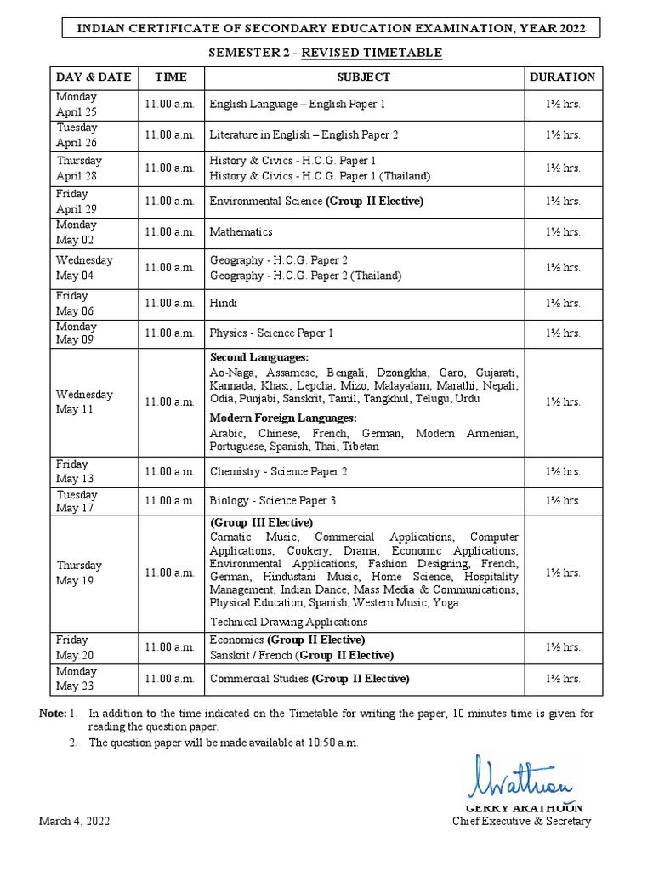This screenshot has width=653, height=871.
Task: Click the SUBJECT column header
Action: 363,77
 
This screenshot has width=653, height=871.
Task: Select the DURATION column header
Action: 562,77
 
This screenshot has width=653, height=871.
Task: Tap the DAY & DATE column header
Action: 94,77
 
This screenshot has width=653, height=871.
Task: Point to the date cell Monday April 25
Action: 77,104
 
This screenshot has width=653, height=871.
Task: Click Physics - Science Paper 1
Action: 271,333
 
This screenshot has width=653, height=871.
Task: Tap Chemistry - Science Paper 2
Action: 278,472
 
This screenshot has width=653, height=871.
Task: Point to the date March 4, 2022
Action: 74,821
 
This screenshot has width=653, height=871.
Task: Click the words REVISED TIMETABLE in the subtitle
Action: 390,53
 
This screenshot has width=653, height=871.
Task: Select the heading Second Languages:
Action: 259,357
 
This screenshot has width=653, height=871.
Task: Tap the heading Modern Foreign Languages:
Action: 283,418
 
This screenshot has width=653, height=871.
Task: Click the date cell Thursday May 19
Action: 79,573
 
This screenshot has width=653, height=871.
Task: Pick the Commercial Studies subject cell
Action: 309,679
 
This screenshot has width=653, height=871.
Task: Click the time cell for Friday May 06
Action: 170,304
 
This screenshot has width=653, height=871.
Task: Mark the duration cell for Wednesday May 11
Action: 562,402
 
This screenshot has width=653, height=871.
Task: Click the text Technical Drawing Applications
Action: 288,623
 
